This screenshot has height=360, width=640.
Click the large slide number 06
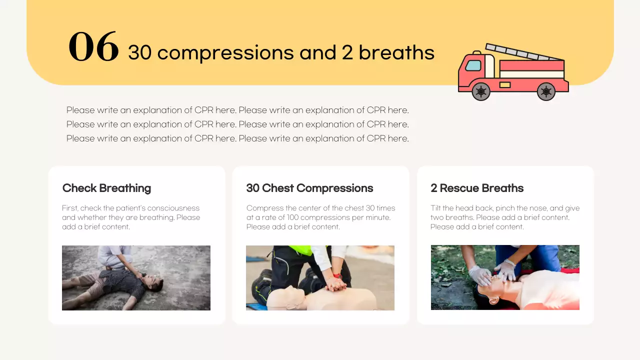pyautogui.click(x=93, y=47)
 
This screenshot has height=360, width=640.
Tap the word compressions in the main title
pyautogui.click(x=225, y=52)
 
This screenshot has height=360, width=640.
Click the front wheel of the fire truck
pyautogui.click(x=481, y=91)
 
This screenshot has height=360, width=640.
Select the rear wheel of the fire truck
pyautogui.click(x=546, y=91)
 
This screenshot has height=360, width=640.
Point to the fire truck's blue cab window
pyautogui.click(x=473, y=65)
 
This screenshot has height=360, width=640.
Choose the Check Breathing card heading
pyautogui.click(x=106, y=188)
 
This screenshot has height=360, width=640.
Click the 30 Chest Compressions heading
pyautogui.click(x=309, y=188)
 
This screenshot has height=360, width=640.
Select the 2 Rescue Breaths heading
pyautogui.click(x=477, y=188)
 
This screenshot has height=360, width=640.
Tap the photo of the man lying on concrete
pyautogui.click(x=136, y=278)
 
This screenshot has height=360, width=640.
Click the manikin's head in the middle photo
pyautogui.click(x=284, y=298)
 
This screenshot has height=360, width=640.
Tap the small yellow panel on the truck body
pyautogui.click(x=505, y=85)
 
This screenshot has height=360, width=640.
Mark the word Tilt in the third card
pyautogui.click(x=436, y=208)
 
